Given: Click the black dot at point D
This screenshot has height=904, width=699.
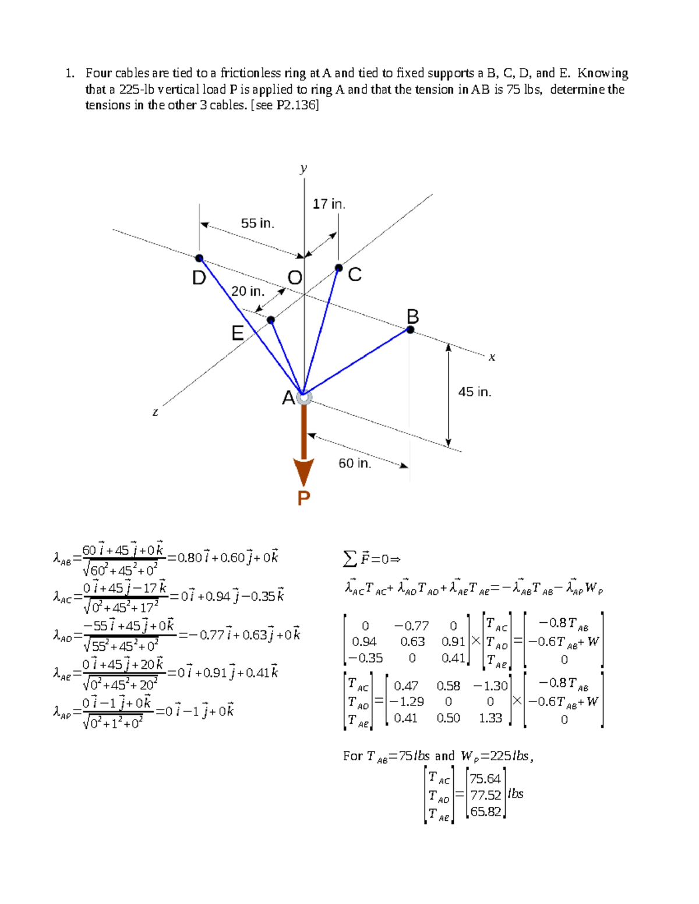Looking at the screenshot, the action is [x=199, y=258].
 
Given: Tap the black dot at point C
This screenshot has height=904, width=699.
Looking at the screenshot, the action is [x=338, y=268].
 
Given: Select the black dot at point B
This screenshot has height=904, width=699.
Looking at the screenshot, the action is [x=410, y=329].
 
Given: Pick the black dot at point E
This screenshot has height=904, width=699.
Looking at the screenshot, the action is [x=271, y=320].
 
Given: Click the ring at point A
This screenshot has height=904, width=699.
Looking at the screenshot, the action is [x=304, y=397].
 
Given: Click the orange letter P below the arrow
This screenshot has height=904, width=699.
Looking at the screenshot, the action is [x=303, y=498].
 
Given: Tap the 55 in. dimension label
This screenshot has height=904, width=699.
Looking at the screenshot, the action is [x=257, y=224].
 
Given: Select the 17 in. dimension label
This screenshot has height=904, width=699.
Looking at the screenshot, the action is [x=329, y=204].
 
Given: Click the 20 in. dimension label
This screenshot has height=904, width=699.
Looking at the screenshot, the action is [x=248, y=291].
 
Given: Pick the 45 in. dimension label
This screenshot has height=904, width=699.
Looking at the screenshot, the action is [x=474, y=392].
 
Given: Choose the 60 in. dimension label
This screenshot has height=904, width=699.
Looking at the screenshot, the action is [x=355, y=463].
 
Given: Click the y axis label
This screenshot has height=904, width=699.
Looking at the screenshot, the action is [x=303, y=168].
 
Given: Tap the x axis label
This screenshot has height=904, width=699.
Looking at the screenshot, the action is [x=492, y=357].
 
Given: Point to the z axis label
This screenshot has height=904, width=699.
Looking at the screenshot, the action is [x=155, y=412].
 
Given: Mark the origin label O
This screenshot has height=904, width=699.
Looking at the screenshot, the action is [x=295, y=278].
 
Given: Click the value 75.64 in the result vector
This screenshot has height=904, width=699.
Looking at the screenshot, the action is [x=485, y=779].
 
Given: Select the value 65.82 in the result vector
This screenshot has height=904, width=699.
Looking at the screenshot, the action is [x=485, y=811].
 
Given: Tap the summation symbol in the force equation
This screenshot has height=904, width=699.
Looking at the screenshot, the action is [x=349, y=559].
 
